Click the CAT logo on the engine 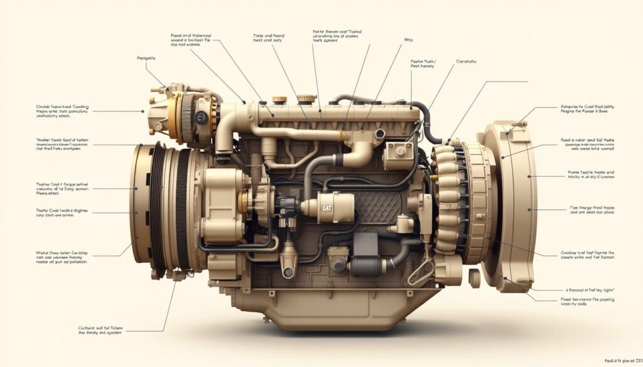[x=328, y=208]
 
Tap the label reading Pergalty [x=146, y=58]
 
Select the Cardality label [x=466, y=61]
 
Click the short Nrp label [x=408, y=40]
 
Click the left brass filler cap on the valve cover [x=279, y=100]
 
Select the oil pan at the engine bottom [x=327, y=307]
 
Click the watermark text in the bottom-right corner [x=623, y=361]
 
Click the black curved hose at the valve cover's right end [x=433, y=122]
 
